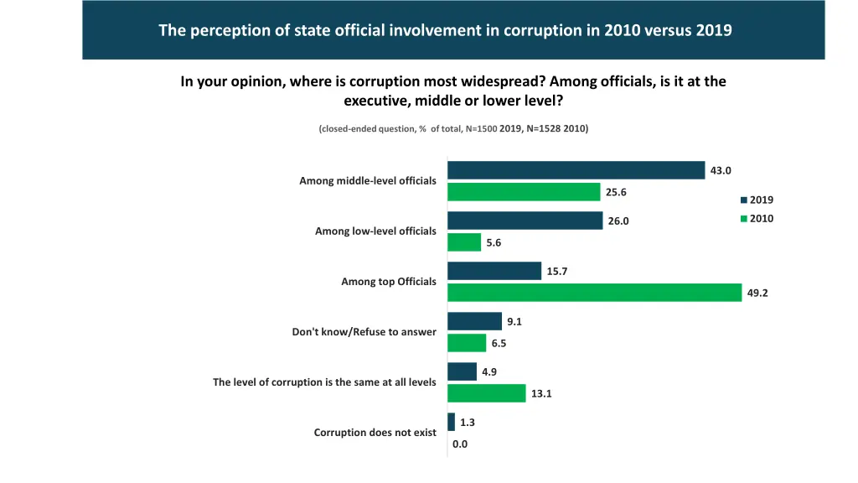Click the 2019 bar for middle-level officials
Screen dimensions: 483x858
(x=576, y=170)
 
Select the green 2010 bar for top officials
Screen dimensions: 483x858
(x=594, y=293)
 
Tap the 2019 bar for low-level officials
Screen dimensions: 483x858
(x=525, y=221)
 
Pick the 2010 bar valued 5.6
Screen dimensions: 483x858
(x=464, y=242)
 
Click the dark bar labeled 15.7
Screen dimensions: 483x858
(x=494, y=271)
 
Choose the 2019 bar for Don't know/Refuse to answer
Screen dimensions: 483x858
(x=474, y=321)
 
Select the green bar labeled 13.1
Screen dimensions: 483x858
(x=486, y=393)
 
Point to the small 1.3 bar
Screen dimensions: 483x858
(x=451, y=422)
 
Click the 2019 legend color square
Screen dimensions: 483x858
(x=743, y=200)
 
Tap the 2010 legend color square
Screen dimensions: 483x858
(x=743, y=219)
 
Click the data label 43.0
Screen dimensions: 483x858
(x=721, y=170)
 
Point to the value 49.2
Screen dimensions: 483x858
(x=757, y=293)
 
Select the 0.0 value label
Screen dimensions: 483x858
(x=460, y=444)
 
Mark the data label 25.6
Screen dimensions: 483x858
(x=616, y=192)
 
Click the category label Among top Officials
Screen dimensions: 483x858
(x=388, y=282)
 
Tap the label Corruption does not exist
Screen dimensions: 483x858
(x=375, y=433)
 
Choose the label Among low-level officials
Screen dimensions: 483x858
(x=375, y=231)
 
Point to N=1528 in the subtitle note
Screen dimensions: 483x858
(x=544, y=128)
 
